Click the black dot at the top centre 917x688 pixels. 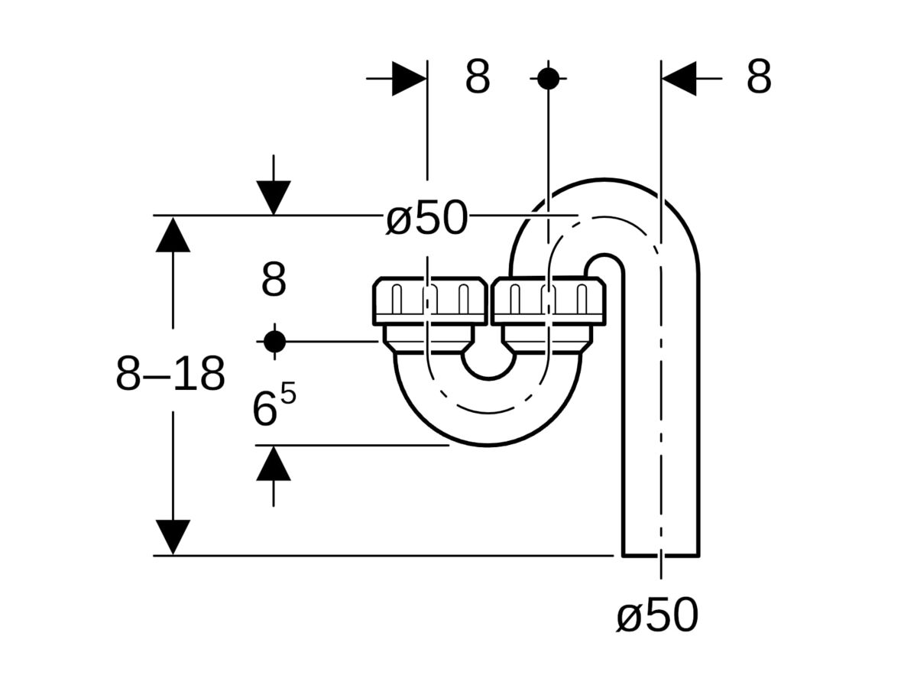point(548,78)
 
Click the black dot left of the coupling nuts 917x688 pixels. point(274,341)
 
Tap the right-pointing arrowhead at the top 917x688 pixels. point(410,78)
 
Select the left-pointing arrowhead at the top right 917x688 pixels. point(679,78)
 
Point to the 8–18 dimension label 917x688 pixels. point(170,375)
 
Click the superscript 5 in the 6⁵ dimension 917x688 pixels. point(287,396)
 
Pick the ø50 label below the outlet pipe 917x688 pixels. point(657,615)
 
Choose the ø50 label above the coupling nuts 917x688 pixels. point(426,219)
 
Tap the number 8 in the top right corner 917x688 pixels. point(758,77)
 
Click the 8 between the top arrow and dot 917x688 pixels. point(478,77)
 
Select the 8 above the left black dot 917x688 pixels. point(274,281)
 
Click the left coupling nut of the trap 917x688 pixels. point(429,300)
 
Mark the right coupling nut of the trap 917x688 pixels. point(549,300)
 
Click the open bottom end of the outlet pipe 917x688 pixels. point(661,554)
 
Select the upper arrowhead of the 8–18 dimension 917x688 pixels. point(173,235)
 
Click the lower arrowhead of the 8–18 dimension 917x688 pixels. point(173,537)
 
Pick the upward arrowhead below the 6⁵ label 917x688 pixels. point(274,463)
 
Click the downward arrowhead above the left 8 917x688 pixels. point(274,197)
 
